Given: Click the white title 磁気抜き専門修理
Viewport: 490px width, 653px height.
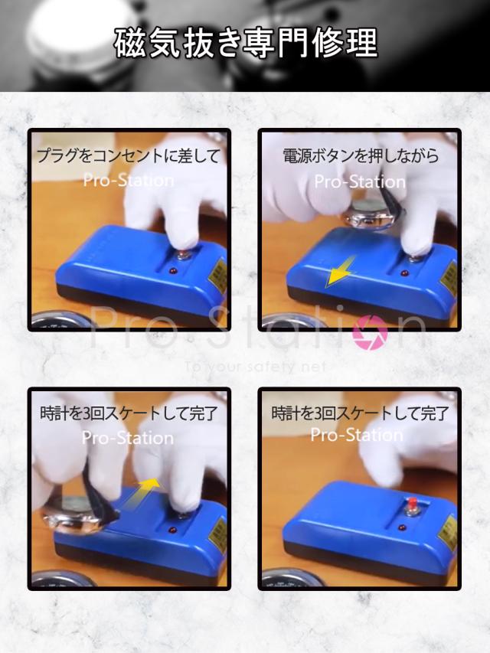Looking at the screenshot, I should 245,44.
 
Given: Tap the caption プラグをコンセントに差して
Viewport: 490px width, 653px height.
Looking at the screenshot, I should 129,156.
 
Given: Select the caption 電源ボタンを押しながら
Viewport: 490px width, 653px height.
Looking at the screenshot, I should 361,156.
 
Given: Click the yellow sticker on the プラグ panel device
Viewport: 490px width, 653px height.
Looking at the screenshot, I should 219,275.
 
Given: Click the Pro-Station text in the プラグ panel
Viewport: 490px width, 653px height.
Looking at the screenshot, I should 129,181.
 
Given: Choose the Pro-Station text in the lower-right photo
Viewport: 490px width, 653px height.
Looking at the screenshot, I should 357,435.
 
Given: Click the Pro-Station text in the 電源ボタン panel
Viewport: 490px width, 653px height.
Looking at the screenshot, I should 360,182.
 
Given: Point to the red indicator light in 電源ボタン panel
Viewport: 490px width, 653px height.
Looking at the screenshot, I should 403,273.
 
